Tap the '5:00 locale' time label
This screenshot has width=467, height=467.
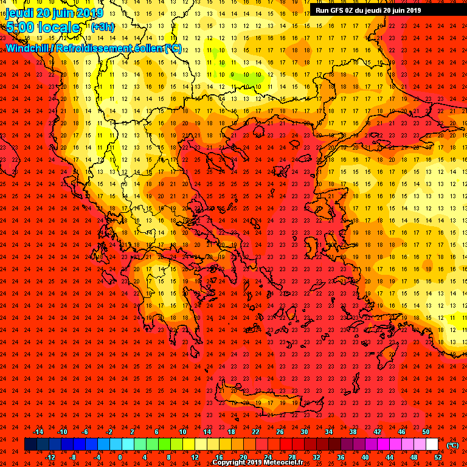pyautogui.click(x=43, y=28)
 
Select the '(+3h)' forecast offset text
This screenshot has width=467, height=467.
pyautogui.click(x=102, y=27)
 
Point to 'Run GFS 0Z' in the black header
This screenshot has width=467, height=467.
pyautogui.click(x=335, y=10)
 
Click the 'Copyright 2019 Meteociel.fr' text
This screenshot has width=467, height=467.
pyautogui.click(x=257, y=463)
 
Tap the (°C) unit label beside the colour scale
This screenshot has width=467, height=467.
pyautogui.click(x=452, y=445)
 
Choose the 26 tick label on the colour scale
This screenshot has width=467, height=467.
pyautogui.click(x=280, y=432)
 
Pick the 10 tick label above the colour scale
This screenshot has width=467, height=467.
pyautogui.click(x=182, y=432)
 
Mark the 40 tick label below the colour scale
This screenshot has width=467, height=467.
pyautogui.click(x=365, y=457)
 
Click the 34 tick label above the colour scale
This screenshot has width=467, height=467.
pyautogui.click(x=328, y=432)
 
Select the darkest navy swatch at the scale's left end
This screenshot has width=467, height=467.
pyautogui.click(x=30, y=445)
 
